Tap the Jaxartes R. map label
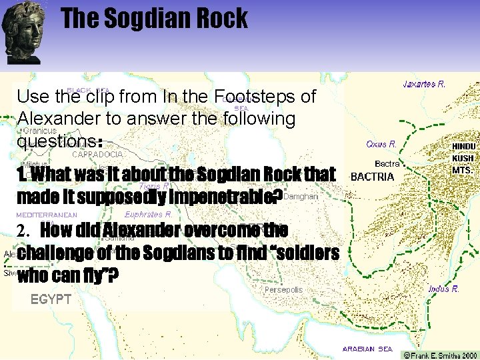point(424,84)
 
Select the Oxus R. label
point(381,143)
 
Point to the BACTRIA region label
point(372,177)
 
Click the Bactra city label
point(387,163)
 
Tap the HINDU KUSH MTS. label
point(463,158)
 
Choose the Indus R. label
point(443,289)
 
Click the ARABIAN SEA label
point(367,349)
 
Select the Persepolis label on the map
point(283,290)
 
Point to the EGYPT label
point(51,299)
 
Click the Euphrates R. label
point(148,215)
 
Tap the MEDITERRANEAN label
point(47,215)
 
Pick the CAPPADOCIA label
point(98,154)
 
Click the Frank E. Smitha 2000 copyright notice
point(439,355)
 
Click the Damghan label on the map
point(301,197)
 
